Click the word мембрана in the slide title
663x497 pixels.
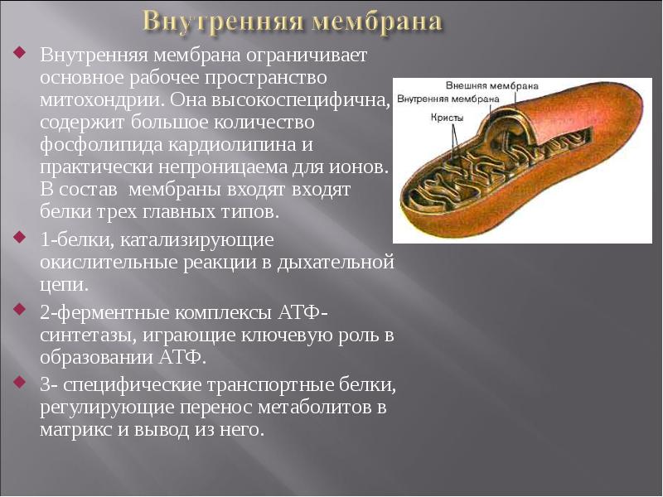(x=377, y=21)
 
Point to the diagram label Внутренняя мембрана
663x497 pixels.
(x=448, y=99)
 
